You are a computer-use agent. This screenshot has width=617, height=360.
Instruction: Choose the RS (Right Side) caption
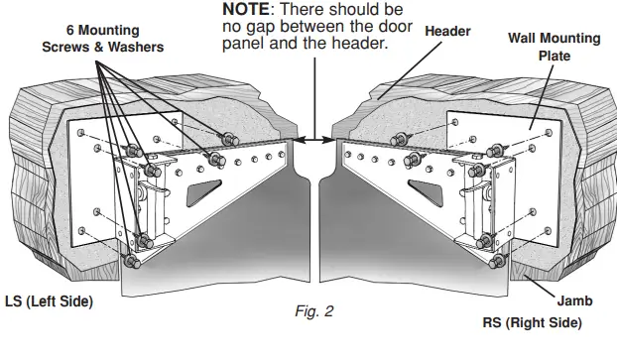(x=534, y=322)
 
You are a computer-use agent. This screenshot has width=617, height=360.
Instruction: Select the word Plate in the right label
(x=554, y=56)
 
